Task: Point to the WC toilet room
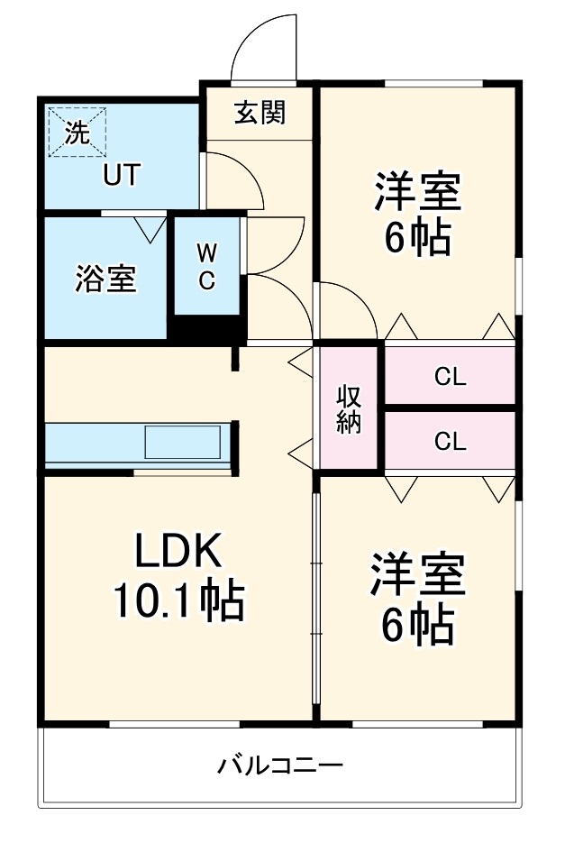tap(206, 266)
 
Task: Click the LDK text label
tap(178, 550)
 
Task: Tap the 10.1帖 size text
tap(178, 600)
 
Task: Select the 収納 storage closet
tap(350, 408)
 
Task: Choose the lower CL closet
tap(450, 442)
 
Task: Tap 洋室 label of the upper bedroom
tap(417, 191)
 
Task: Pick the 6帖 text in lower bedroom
tap(417, 625)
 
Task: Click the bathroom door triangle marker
tap(150, 229)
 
